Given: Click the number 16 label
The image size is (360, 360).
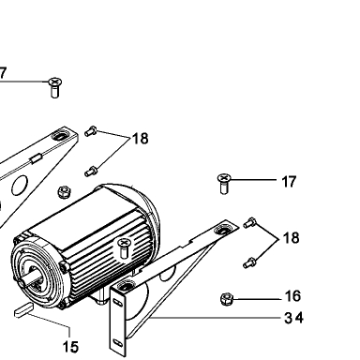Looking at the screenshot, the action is click(292, 295).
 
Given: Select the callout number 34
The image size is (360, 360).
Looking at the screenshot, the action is click(293, 318).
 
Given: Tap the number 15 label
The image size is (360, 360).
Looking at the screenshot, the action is click(70, 347).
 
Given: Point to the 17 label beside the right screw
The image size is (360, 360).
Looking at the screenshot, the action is click(289, 182).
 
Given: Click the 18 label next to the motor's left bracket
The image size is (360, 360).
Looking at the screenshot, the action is click(141, 139).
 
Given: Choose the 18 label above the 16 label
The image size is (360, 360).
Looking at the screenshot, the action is click(291, 238).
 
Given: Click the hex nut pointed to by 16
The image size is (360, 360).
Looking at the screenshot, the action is click(227, 299).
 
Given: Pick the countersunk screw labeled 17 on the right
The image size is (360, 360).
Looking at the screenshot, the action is click(224, 184).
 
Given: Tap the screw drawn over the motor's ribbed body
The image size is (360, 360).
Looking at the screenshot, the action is click(124, 248).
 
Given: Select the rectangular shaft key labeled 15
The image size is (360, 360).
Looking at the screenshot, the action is click(23, 310).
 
